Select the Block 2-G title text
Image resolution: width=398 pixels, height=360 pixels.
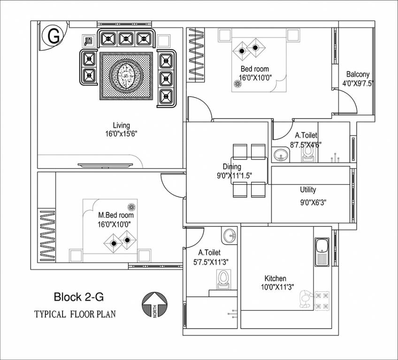(79, 297)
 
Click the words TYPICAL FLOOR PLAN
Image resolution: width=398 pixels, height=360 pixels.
(75, 314)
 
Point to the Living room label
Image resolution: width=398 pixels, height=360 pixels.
(121, 125)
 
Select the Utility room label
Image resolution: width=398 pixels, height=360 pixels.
(308, 190)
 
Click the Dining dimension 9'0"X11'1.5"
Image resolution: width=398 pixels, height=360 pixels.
(232, 175)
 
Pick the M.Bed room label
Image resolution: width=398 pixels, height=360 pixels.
(115, 215)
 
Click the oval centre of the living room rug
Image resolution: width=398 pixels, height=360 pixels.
(125, 75)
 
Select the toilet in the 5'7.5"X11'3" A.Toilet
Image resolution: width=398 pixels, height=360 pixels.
(223, 279)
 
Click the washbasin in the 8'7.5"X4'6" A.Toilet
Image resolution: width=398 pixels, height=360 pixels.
(281, 154)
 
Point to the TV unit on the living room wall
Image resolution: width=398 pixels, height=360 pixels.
(110, 165)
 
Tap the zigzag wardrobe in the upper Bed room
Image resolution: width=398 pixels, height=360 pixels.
(196, 55)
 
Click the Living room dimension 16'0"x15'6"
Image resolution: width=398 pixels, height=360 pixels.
(121, 134)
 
